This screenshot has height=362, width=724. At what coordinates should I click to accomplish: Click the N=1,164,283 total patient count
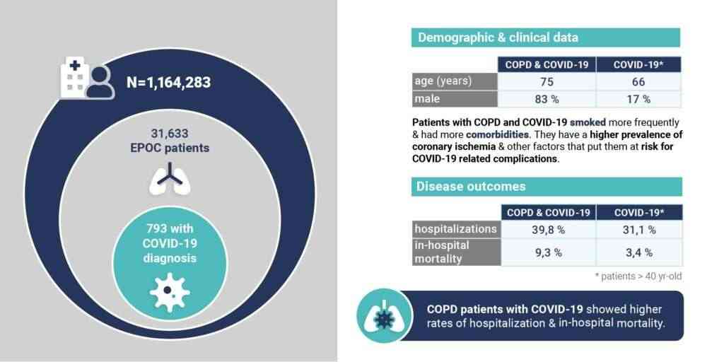click(x=168, y=83)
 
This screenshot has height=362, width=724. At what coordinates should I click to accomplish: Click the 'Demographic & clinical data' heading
click(x=498, y=37)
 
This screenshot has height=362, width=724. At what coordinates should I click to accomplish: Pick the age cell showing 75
click(x=547, y=81)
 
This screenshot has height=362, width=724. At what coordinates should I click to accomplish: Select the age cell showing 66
click(x=638, y=81)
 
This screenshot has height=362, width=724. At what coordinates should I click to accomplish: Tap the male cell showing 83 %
click(x=547, y=99)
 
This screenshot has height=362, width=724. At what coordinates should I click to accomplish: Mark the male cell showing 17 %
click(x=638, y=99)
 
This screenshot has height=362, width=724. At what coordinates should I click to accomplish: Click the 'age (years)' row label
click(x=443, y=81)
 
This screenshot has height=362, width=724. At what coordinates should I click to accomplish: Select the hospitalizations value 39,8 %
click(x=547, y=230)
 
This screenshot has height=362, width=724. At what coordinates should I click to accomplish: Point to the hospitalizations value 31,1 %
click(x=638, y=230)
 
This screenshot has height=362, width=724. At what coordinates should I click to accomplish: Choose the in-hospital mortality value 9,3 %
click(x=547, y=252)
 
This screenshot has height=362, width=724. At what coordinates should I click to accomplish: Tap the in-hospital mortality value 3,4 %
click(x=638, y=252)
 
